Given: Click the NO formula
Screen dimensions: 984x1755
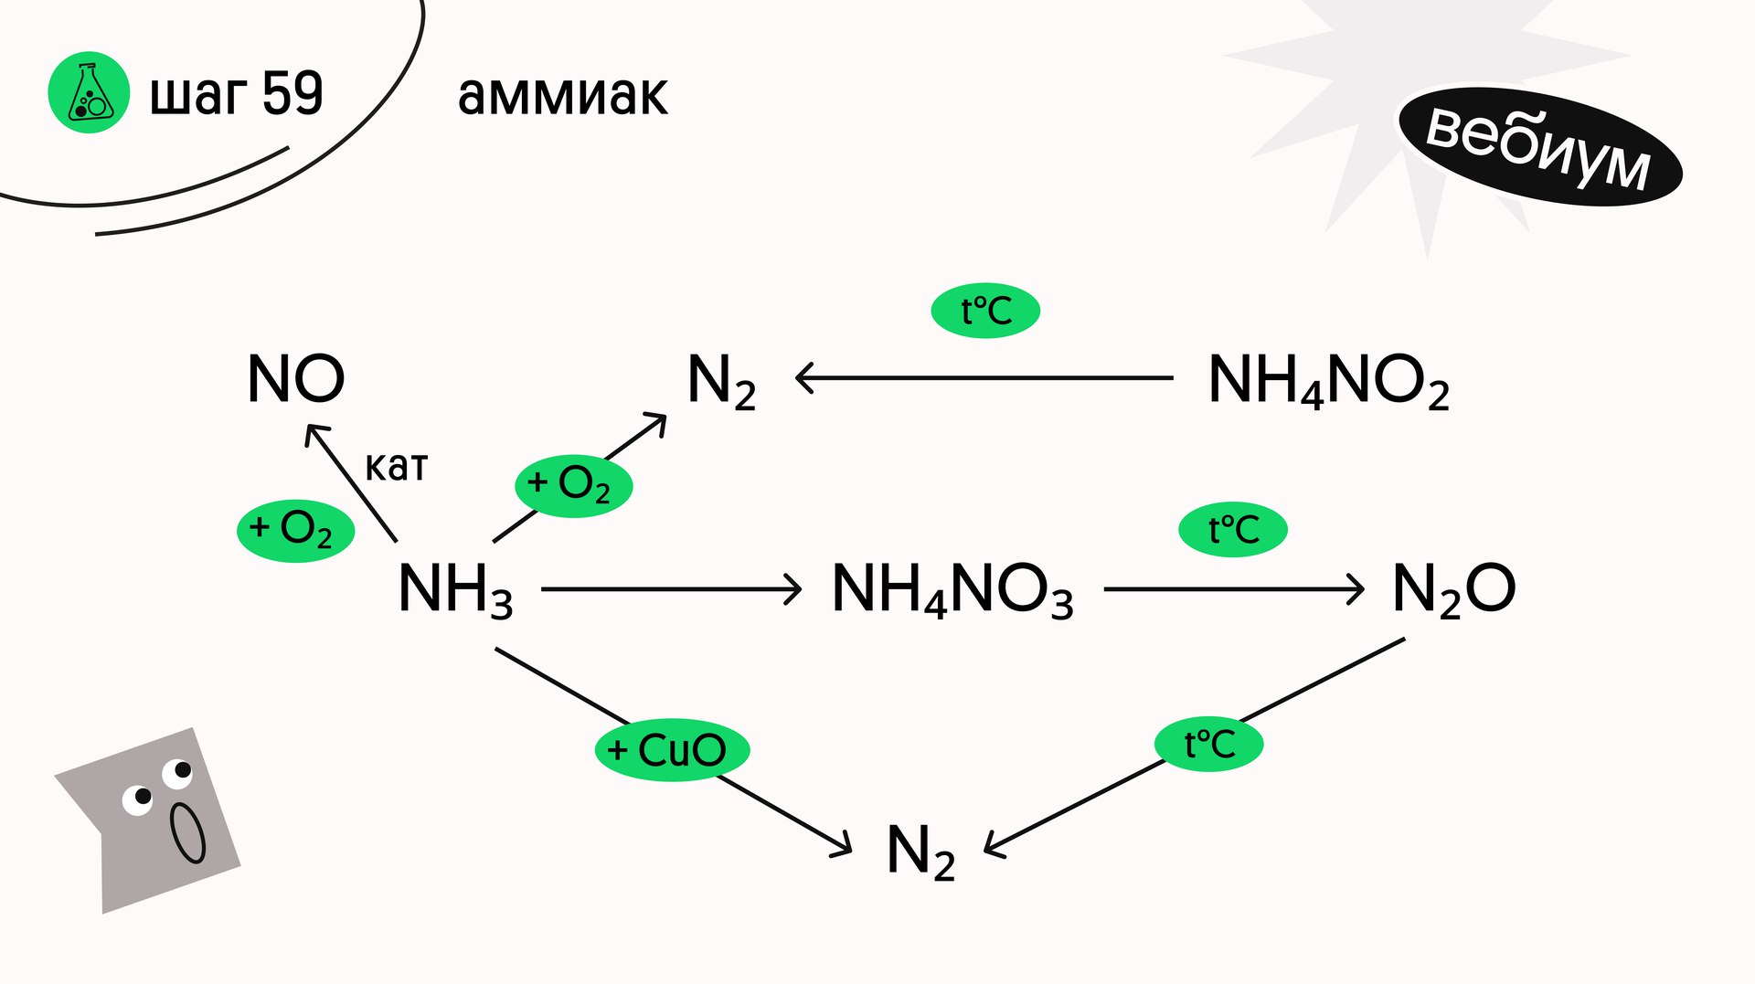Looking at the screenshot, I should (296, 378).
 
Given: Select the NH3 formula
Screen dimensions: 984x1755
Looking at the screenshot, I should (455, 589).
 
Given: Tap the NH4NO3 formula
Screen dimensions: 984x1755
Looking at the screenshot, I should (952, 589).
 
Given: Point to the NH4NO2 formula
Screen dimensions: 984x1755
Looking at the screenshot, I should (1328, 380).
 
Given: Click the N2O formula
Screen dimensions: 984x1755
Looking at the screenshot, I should (1453, 589).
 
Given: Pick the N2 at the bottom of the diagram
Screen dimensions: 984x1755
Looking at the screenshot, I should (920, 852).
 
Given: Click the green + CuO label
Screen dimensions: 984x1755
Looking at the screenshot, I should (672, 750).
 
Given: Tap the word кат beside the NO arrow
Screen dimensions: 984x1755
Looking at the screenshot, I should (396, 466).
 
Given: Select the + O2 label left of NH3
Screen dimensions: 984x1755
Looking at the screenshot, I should (295, 530).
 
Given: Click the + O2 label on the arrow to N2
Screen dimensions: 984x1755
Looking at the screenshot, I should (573, 485).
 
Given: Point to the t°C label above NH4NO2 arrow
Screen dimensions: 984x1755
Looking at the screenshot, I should (985, 311).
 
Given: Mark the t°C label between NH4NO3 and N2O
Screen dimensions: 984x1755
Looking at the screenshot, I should (1232, 530).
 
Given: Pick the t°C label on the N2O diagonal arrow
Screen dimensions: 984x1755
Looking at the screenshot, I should (1208, 744).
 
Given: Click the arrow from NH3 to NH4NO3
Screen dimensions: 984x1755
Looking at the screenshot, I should (671, 589).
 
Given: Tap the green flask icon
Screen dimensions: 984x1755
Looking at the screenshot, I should (89, 92).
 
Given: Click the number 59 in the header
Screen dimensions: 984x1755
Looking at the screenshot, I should (292, 93).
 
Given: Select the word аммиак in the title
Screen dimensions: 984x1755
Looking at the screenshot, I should (563, 95).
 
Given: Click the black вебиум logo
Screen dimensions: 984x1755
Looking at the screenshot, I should (1539, 146).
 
